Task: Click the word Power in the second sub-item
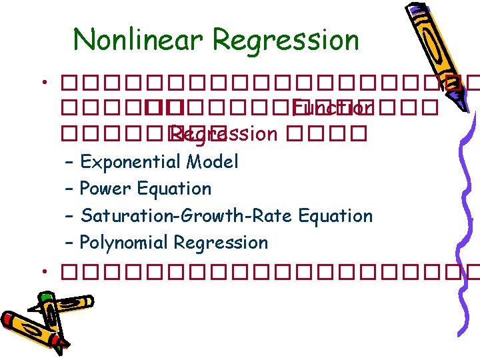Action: (105, 189)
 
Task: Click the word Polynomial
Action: (125, 243)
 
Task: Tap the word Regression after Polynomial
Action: (221, 243)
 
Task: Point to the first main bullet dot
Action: (42, 85)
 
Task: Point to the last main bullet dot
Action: (42, 272)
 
